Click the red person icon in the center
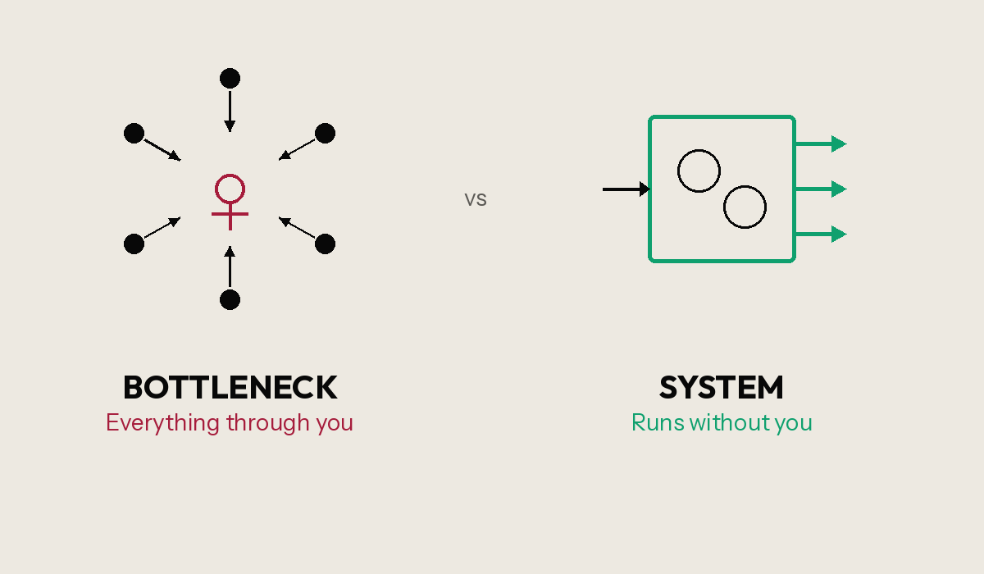pos(230,201)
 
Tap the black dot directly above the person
pos(230,79)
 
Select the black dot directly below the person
pos(230,299)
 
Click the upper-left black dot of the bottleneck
pos(134,133)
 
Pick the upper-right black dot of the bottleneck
pos(325,133)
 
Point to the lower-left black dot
pos(134,244)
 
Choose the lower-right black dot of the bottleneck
pos(325,244)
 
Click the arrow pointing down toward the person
pos(230,111)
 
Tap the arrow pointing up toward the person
pos(230,266)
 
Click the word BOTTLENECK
pos(230,387)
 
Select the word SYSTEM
pos(721,387)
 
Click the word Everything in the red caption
pos(163,423)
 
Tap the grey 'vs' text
pos(476,199)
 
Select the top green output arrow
pos(821,144)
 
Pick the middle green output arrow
pos(821,189)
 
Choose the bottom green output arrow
pos(821,235)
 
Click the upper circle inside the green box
pos(699,171)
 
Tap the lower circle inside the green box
pos(745,207)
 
